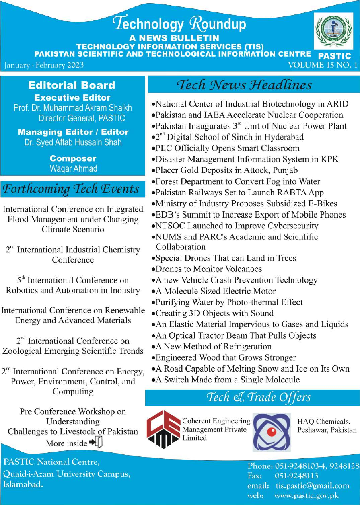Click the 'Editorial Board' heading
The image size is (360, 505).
pos(72,85)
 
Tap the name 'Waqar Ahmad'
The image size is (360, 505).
pos(73,168)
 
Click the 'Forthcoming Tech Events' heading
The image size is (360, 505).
pos(72,189)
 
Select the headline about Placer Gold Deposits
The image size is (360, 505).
pos(227,170)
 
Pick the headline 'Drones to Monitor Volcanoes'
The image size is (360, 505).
pos(209,269)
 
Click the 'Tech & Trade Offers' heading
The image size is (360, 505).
pos(259,398)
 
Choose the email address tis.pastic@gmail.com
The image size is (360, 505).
pos(312,486)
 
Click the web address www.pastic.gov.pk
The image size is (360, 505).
pos(307,495)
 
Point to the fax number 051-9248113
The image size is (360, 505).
pos(296,476)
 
